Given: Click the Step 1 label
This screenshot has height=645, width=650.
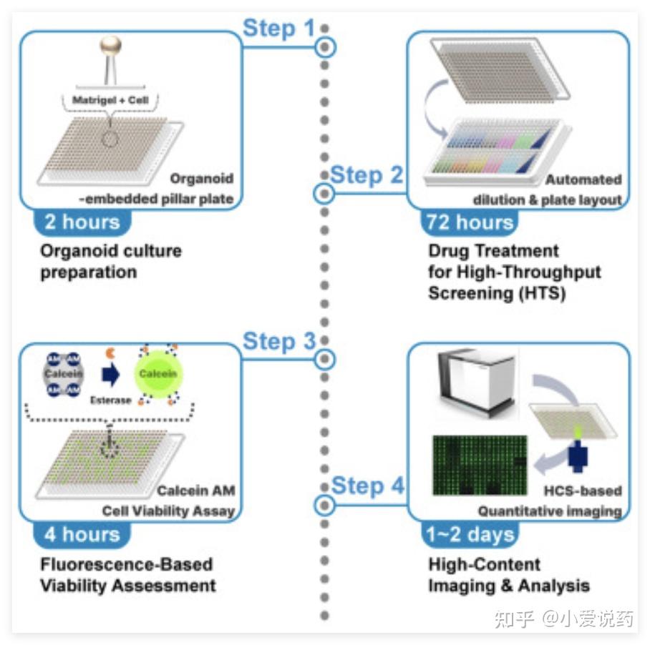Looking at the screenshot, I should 278,29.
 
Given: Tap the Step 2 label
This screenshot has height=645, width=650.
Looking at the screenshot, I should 367,175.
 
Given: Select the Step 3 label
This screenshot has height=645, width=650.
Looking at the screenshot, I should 278,342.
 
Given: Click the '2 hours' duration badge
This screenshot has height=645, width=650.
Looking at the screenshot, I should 82,221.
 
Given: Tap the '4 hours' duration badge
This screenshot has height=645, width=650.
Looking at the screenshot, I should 82,533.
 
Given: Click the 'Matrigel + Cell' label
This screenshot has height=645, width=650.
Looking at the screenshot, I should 110,100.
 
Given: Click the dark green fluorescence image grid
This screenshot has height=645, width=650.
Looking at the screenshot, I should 479,466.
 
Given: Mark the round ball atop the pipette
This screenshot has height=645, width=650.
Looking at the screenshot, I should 110,46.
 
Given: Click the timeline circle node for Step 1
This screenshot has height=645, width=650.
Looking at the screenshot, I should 325,47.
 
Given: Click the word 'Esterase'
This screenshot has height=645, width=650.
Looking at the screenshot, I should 110,400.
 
